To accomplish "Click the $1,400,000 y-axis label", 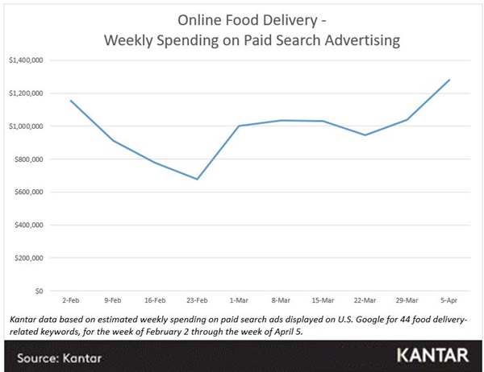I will [x=25, y=60].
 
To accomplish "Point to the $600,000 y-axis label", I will [x=27, y=192].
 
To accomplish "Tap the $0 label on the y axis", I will [x=37, y=291].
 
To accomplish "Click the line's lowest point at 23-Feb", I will [x=197, y=179].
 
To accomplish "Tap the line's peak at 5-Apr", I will [x=449, y=80].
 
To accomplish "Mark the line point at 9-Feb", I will [x=114, y=141].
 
